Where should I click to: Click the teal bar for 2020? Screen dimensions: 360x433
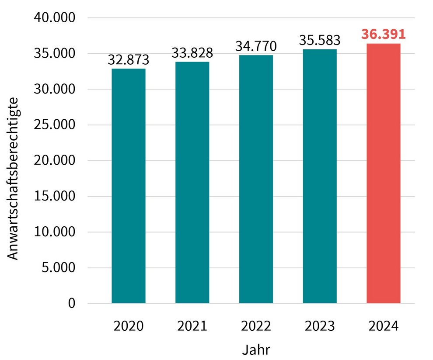[x=128, y=186]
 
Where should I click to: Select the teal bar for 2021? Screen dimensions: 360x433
[x=192, y=182]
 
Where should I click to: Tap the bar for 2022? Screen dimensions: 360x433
[x=256, y=179]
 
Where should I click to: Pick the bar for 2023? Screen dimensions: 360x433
[x=320, y=176]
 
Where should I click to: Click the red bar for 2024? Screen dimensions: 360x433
[x=384, y=173]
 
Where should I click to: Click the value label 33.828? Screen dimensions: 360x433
[x=192, y=53]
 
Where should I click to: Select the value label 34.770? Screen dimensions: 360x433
[x=256, y=46]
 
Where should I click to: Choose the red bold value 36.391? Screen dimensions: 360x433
[x=384, y=34]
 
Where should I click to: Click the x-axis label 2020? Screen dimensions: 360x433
[x=128, y=326]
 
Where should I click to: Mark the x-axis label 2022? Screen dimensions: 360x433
[x=256, y=326]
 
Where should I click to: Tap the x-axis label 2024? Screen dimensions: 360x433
[x=384, y=326]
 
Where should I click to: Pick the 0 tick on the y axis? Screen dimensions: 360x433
[x=72, y=303]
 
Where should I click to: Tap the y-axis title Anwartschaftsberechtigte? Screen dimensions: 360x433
[x=14, y=179]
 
